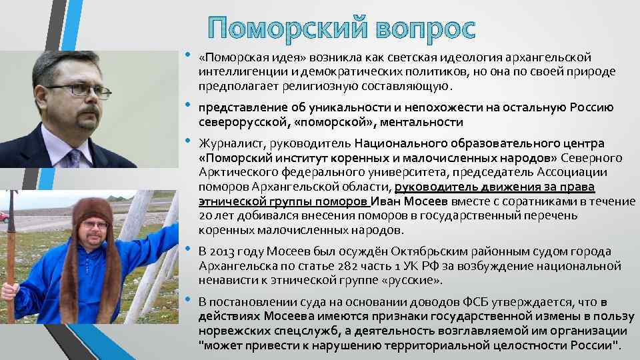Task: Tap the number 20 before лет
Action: click(205, 217)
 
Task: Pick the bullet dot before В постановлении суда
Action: click(189, 301)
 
